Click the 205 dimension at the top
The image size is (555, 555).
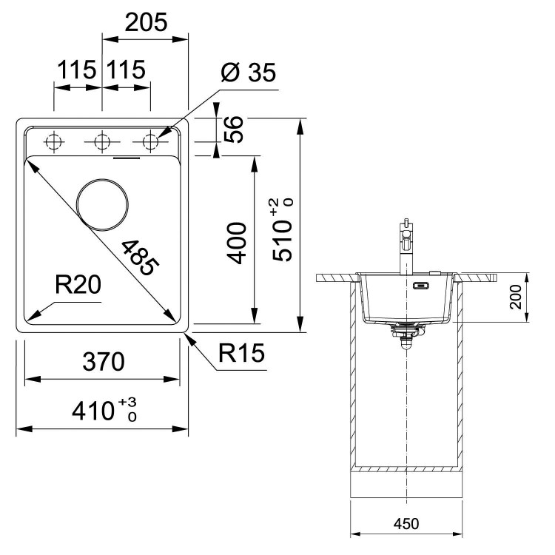(146, 22)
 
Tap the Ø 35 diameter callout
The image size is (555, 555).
(248, 73)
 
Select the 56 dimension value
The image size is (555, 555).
(234, 129)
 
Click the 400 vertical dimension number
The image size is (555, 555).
(237, 243)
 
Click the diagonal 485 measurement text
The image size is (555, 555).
(140, 258)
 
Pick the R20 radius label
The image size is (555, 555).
(78, 285)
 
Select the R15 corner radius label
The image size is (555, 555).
(241, 353)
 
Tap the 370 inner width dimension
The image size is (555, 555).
(104, 361)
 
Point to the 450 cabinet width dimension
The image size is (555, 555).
(406, 523)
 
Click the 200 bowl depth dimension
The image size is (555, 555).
(516, 297)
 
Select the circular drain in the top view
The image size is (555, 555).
(102, 205)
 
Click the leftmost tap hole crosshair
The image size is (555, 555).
(54, 142)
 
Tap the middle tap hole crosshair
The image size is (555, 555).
(102, 142)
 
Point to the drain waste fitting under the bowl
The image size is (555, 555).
(406, 334)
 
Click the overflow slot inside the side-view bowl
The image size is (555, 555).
(422, 285)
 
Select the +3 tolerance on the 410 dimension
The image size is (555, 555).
(127, 403)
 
